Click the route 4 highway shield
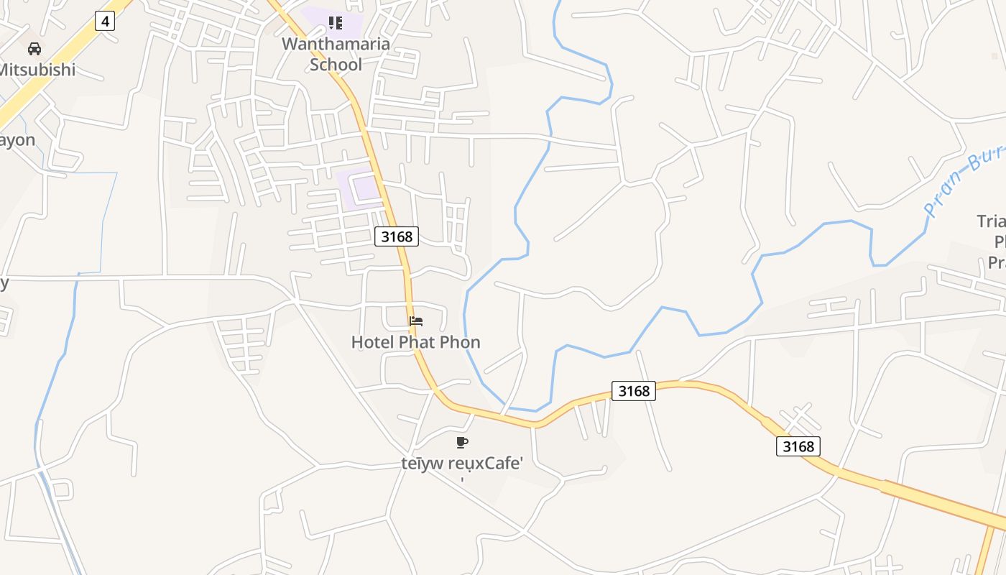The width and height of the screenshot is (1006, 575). (105, 21)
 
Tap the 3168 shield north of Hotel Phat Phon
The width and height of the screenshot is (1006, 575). (397, 236)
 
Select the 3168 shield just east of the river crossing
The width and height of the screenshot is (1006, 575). (634, 390)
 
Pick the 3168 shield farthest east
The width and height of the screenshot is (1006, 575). (798, 446)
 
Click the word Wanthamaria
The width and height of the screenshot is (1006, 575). (336, 44)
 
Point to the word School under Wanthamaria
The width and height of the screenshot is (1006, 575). (336, 65)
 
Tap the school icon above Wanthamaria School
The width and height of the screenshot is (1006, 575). (335, 23)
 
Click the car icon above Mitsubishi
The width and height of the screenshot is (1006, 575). (34, 49)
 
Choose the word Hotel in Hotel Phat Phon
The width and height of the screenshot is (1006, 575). (372, 342)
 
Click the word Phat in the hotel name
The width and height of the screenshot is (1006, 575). (415, 342)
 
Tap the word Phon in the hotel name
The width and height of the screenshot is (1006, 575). (460, 342)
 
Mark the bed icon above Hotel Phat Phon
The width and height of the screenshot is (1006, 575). (416, 321)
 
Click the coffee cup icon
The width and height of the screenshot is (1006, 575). (461, 442)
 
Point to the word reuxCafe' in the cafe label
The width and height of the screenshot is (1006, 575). (485, 464)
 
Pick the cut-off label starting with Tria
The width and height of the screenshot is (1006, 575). (992, 221)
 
